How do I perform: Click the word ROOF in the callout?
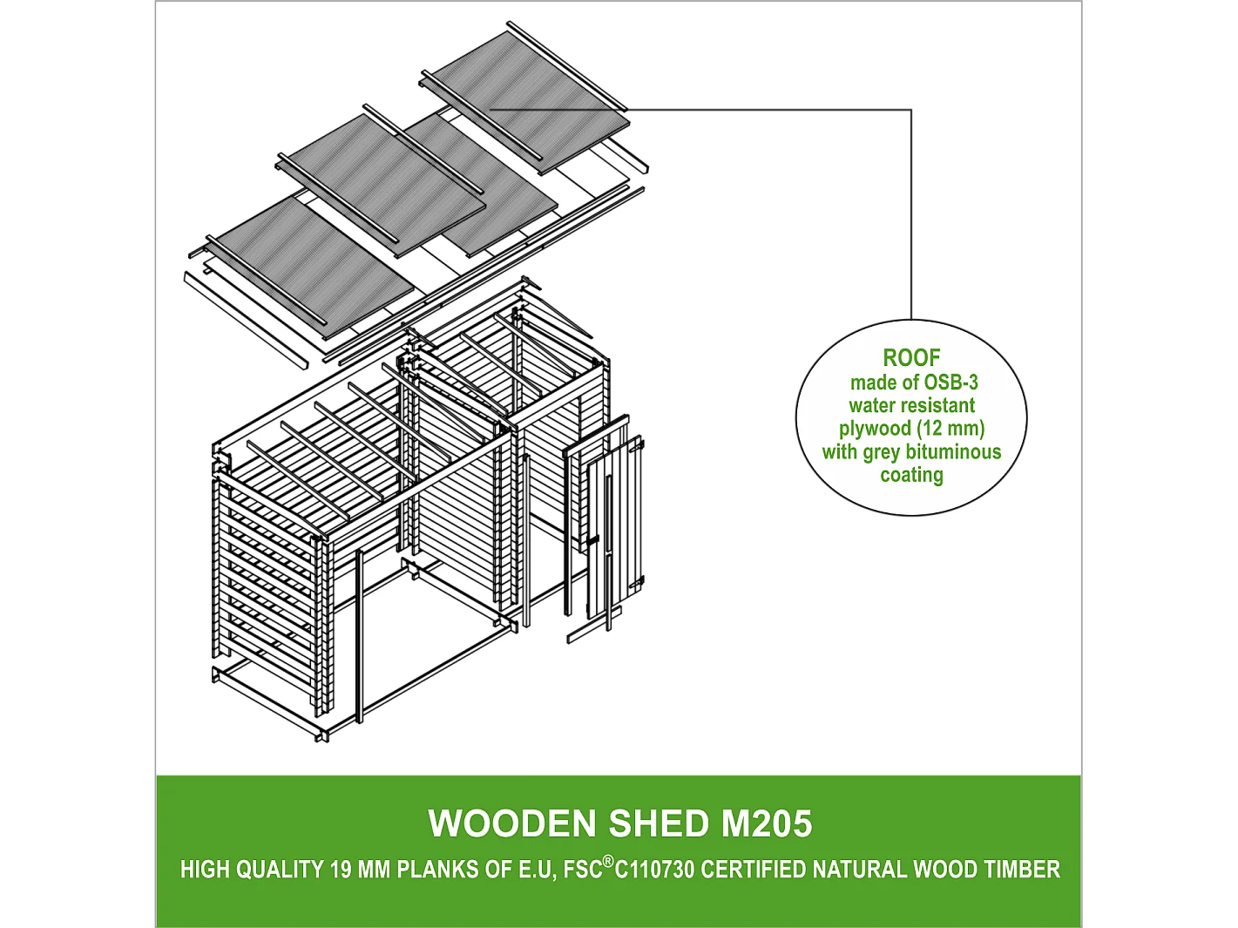[911, 358]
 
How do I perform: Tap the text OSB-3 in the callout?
[950, 383]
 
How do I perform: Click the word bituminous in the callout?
[954, 452]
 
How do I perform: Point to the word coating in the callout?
[911, 476]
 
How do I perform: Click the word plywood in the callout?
[875, 429]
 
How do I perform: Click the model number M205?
[767, 824]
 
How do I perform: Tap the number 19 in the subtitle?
[340, 870]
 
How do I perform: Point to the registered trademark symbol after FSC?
[608, 862]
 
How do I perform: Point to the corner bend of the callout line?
[911, 111]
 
